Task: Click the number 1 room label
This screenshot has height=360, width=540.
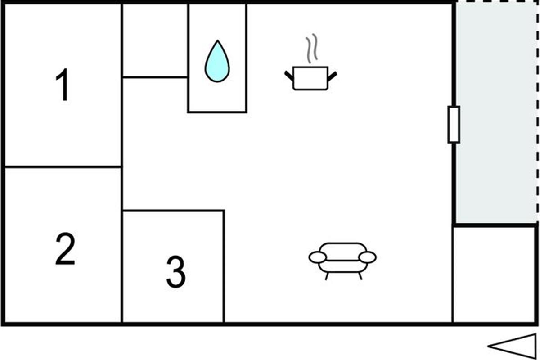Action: pos(63,85)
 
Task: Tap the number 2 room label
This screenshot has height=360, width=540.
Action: pos(65,248)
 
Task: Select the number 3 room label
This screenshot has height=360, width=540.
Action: pos(176,272)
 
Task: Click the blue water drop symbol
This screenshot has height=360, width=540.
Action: pos(217,61)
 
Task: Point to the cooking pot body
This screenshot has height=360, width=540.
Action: pos(310,78)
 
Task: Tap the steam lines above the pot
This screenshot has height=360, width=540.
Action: pos(312,49)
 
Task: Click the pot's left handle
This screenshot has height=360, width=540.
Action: pos(289,76)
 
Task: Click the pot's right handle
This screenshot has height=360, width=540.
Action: pos(332,76)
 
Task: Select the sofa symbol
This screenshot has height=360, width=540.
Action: pos(342,261)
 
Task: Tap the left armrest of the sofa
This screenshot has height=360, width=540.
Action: pos(318,257)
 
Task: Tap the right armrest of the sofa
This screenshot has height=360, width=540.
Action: pos(367,257)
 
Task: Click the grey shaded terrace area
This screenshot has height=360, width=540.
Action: pos(496,113)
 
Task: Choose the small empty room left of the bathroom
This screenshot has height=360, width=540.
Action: pos(155,40)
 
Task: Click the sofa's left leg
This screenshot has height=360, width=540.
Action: pos(327,276)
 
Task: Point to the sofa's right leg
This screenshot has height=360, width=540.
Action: pos(360,276)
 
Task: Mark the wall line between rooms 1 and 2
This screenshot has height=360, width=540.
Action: pos(63,166)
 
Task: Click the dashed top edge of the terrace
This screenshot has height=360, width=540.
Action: pos(497,2)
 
